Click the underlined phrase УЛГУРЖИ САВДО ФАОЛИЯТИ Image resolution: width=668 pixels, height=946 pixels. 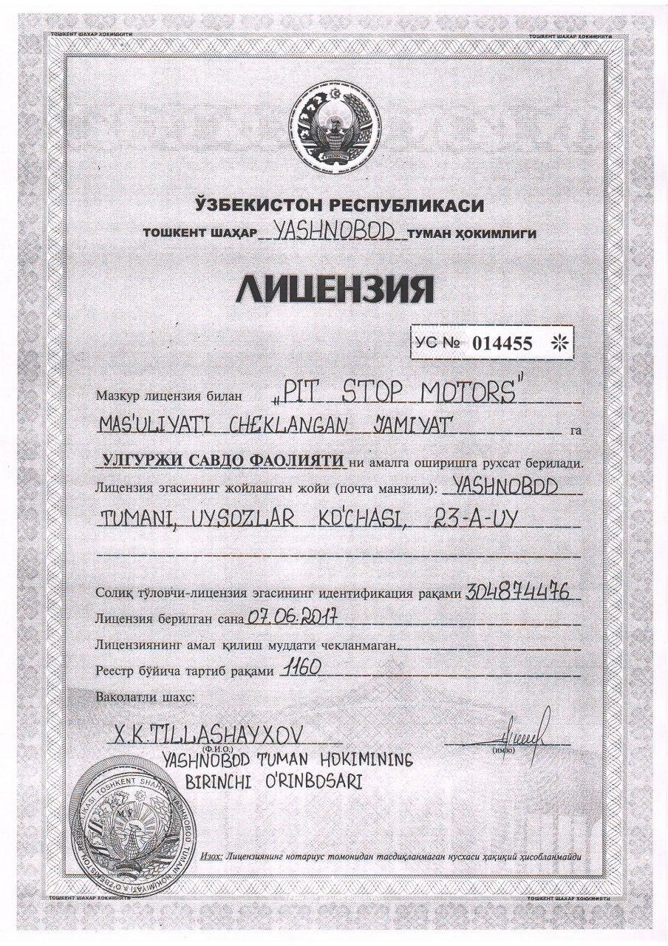222,461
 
